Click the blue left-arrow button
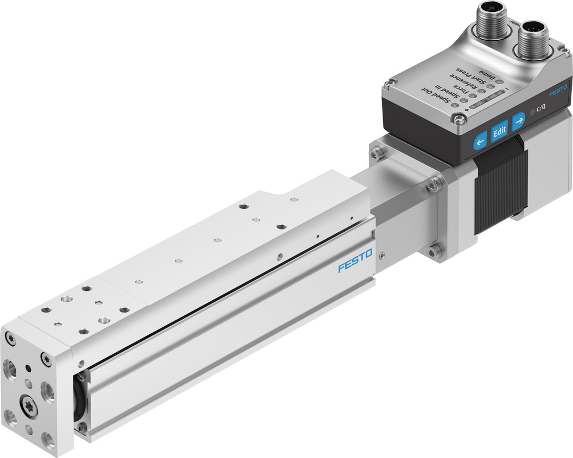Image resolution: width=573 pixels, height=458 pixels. pos(480,143)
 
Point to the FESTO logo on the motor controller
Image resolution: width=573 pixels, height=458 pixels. pos(557,91)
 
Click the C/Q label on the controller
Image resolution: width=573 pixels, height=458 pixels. pos(541,108)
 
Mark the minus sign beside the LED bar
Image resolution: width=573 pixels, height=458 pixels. pos(506,87)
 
